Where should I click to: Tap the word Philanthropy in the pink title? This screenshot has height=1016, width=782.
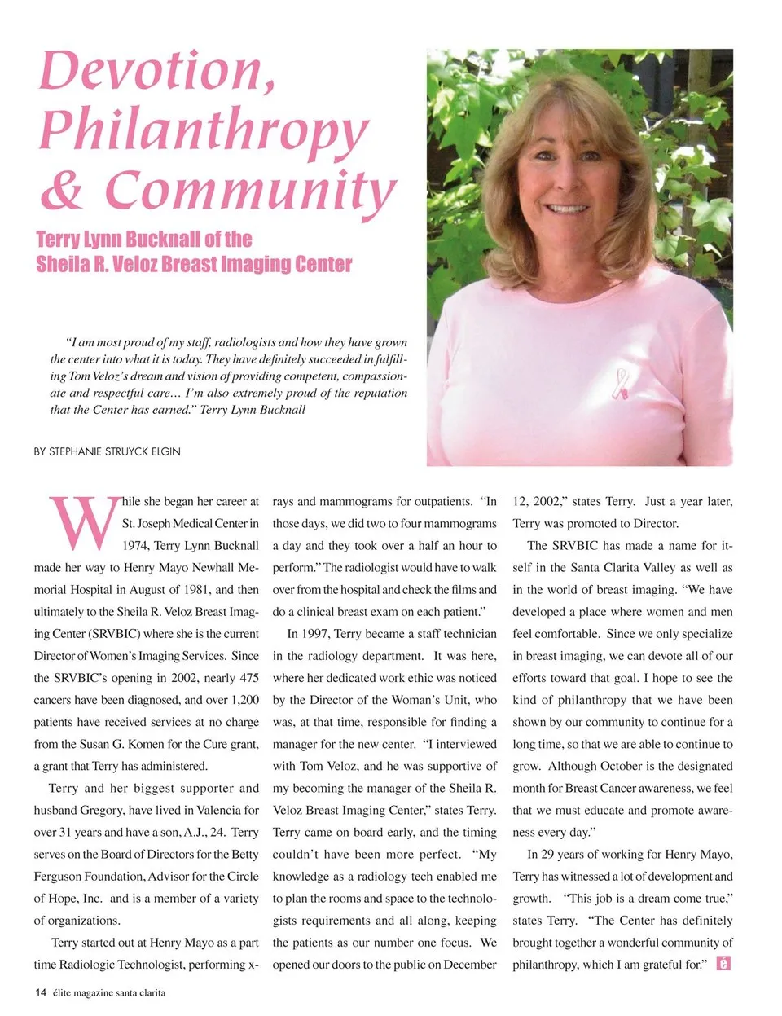pyautogui.click(x=204, y=130)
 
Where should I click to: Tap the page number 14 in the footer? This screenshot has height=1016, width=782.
pyautogui.click(x=40, y=992)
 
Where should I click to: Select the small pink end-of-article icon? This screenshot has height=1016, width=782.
pyautogui.click(x=723, y=963)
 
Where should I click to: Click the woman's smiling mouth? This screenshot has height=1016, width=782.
pyautogui.click(x=568, y=209)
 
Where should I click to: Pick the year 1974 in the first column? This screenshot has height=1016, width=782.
pyautogui.click(x=135, y=546)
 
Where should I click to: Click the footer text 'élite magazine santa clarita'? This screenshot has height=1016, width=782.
pyautogui.click(x=109, y=992)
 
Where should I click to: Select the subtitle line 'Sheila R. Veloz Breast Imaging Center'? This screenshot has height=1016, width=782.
pyautogui.click(x=194, y=265)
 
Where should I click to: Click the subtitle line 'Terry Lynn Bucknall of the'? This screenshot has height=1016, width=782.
pyautogui.click(x=144, y=240)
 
